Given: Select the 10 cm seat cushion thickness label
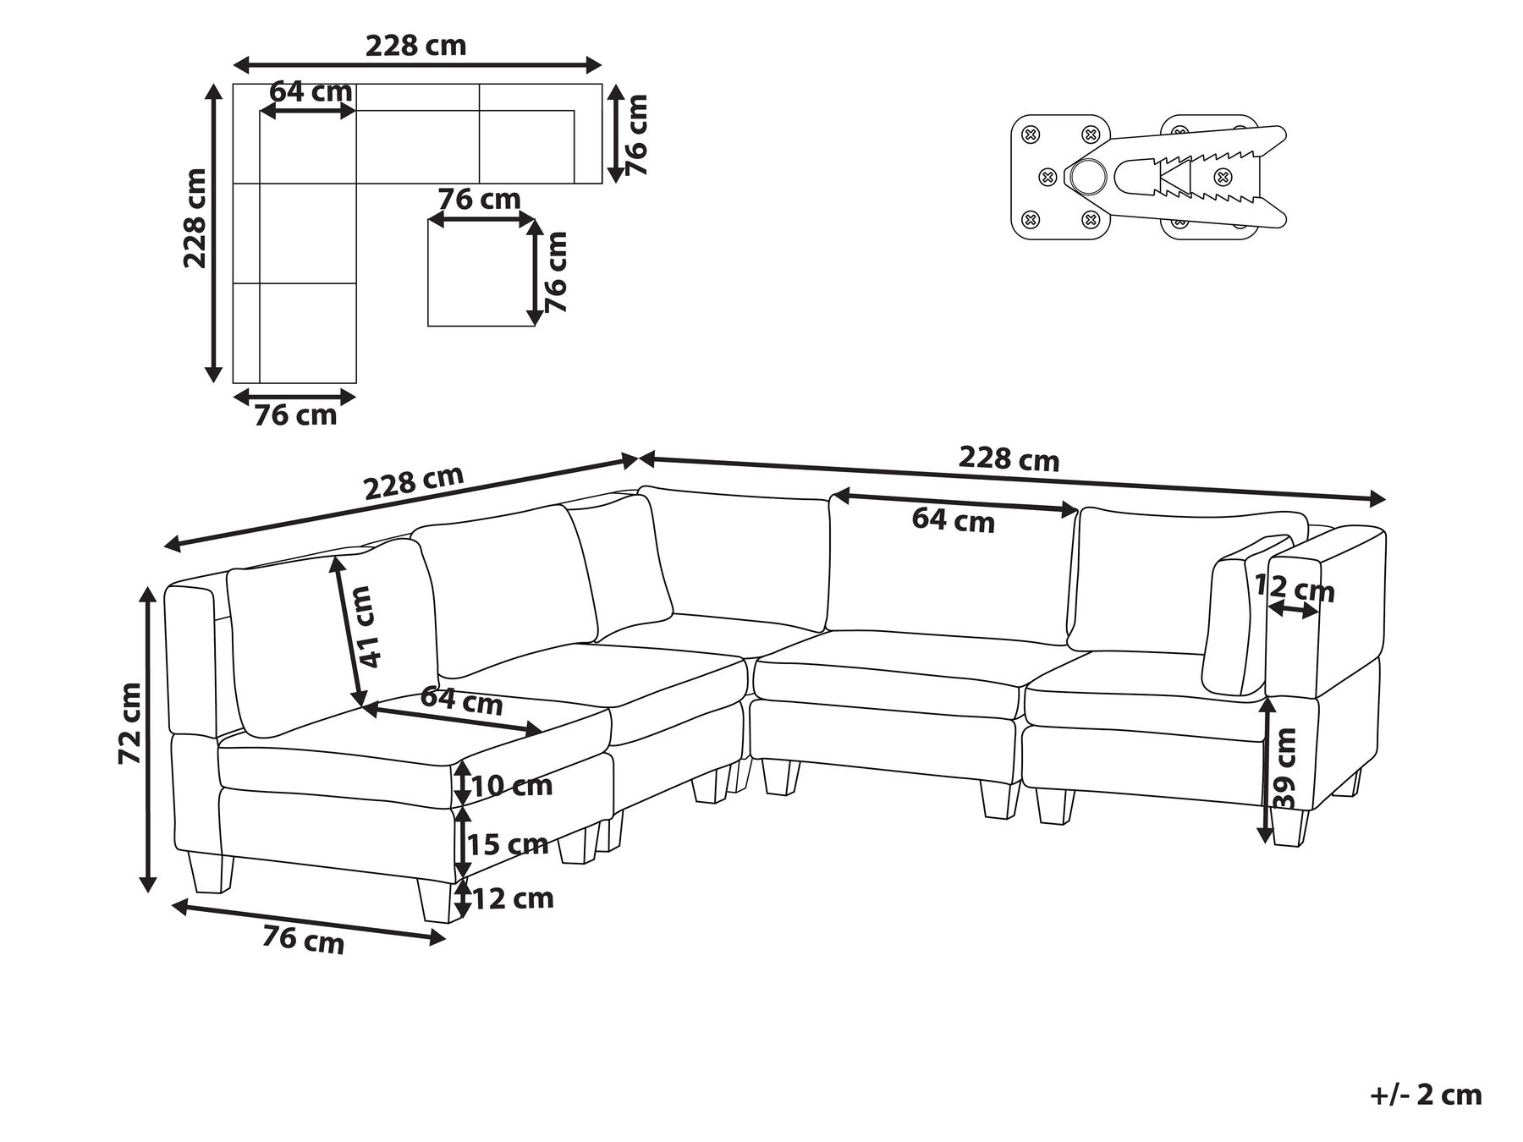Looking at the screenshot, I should point(511,786).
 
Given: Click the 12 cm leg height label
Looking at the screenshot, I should point(513,898).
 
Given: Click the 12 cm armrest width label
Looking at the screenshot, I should point(1294,588).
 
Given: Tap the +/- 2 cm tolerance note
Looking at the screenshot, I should point(1426,1095).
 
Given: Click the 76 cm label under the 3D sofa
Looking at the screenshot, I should point(303,939).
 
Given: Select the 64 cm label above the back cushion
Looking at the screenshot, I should point(953,520).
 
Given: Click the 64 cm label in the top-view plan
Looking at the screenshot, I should point(311,91).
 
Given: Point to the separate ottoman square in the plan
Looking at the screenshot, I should point(481,275).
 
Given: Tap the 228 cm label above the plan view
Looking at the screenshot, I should point(415,45).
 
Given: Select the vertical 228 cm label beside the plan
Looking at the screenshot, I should point(196,218).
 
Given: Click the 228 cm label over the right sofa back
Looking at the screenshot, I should point(1009,458).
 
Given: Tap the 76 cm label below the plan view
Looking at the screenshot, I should point(295,415).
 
